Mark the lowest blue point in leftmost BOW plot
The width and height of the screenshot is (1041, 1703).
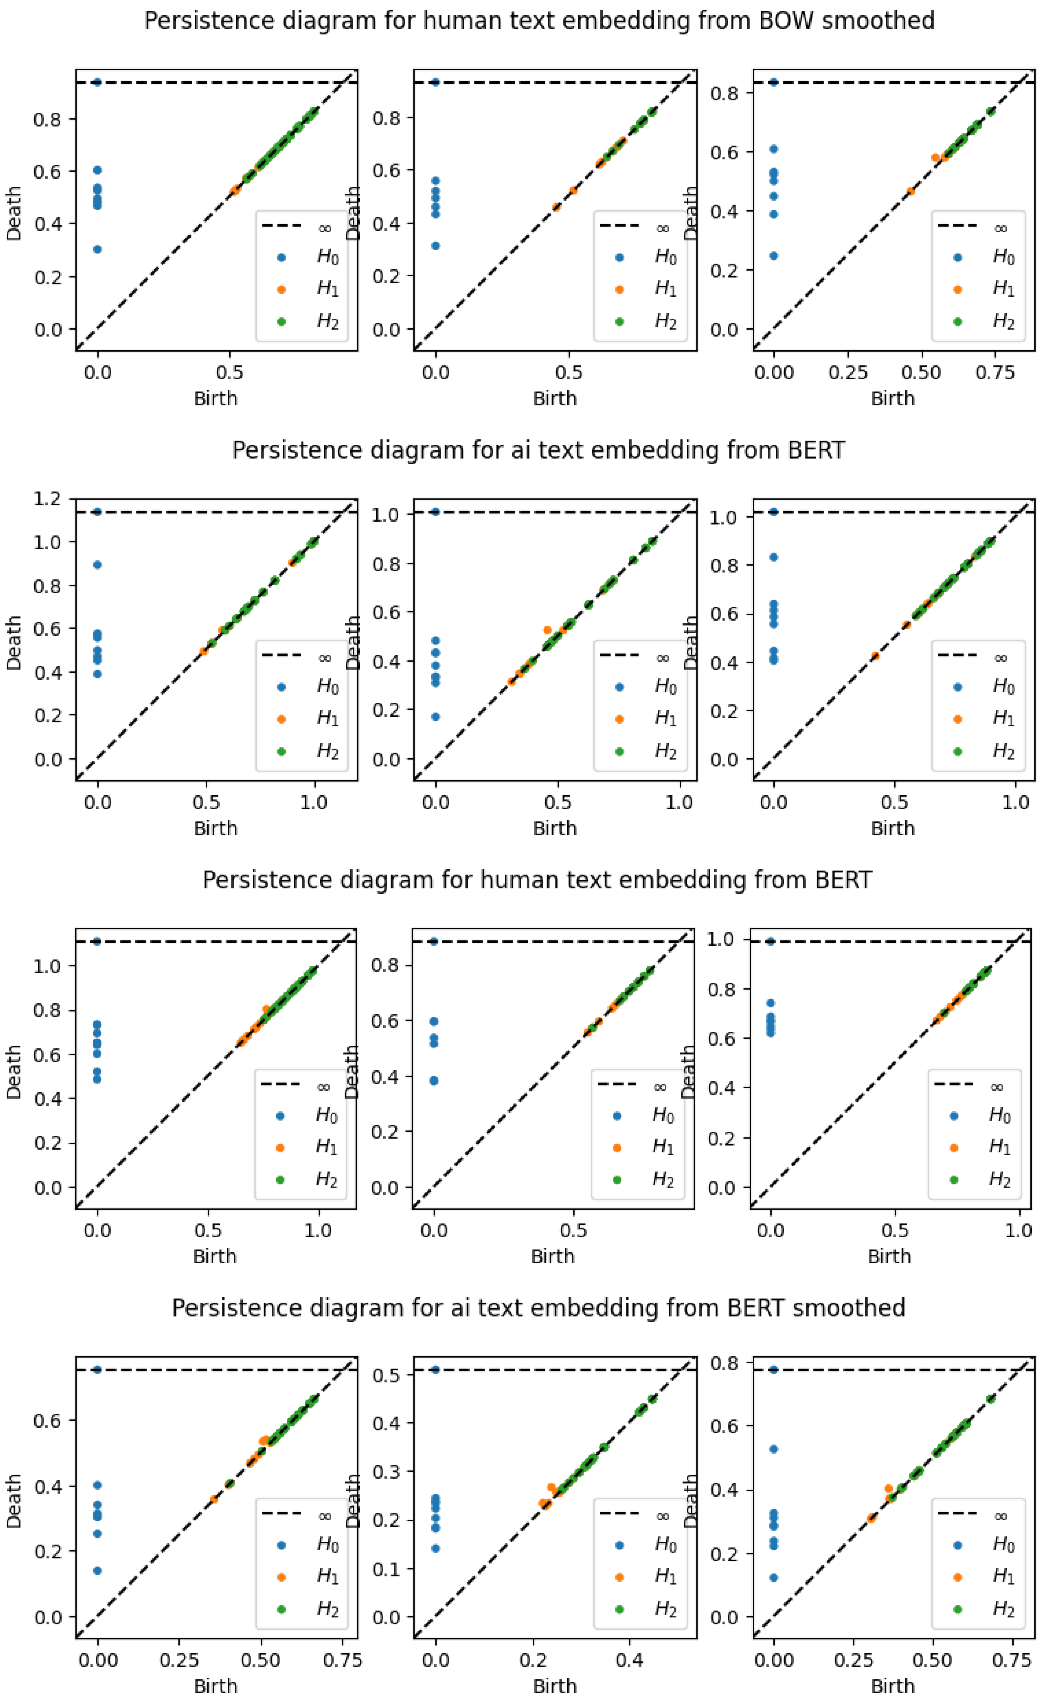(97, 249)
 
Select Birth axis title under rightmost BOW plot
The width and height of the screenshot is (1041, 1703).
(892, 399)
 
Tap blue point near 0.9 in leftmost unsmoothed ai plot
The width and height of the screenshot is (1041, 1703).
(97, 565)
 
